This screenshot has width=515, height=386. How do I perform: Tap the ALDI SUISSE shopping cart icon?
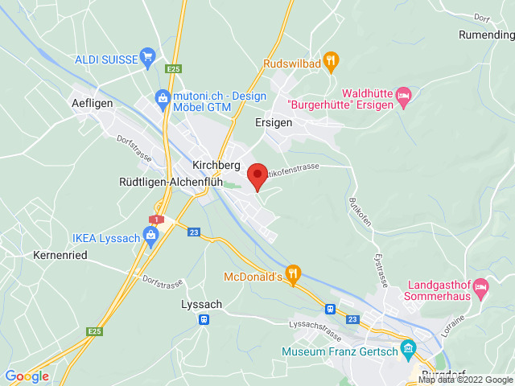click(147, 55)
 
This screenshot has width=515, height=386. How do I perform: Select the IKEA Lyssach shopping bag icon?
click(150, 235)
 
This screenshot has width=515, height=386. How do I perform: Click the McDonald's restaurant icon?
click(293, 273)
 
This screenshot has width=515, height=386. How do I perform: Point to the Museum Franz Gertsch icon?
click(408, 350)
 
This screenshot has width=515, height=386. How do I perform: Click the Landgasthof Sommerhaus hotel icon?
click(481, 285)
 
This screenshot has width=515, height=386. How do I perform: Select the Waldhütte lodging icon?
click(404, 95)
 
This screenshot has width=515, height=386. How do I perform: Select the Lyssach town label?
click(202, 304)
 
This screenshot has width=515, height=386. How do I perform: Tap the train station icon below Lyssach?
click(204, 320)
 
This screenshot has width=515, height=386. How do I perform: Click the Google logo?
click(27, 376)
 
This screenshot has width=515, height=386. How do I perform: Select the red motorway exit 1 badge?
click(155, 219)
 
